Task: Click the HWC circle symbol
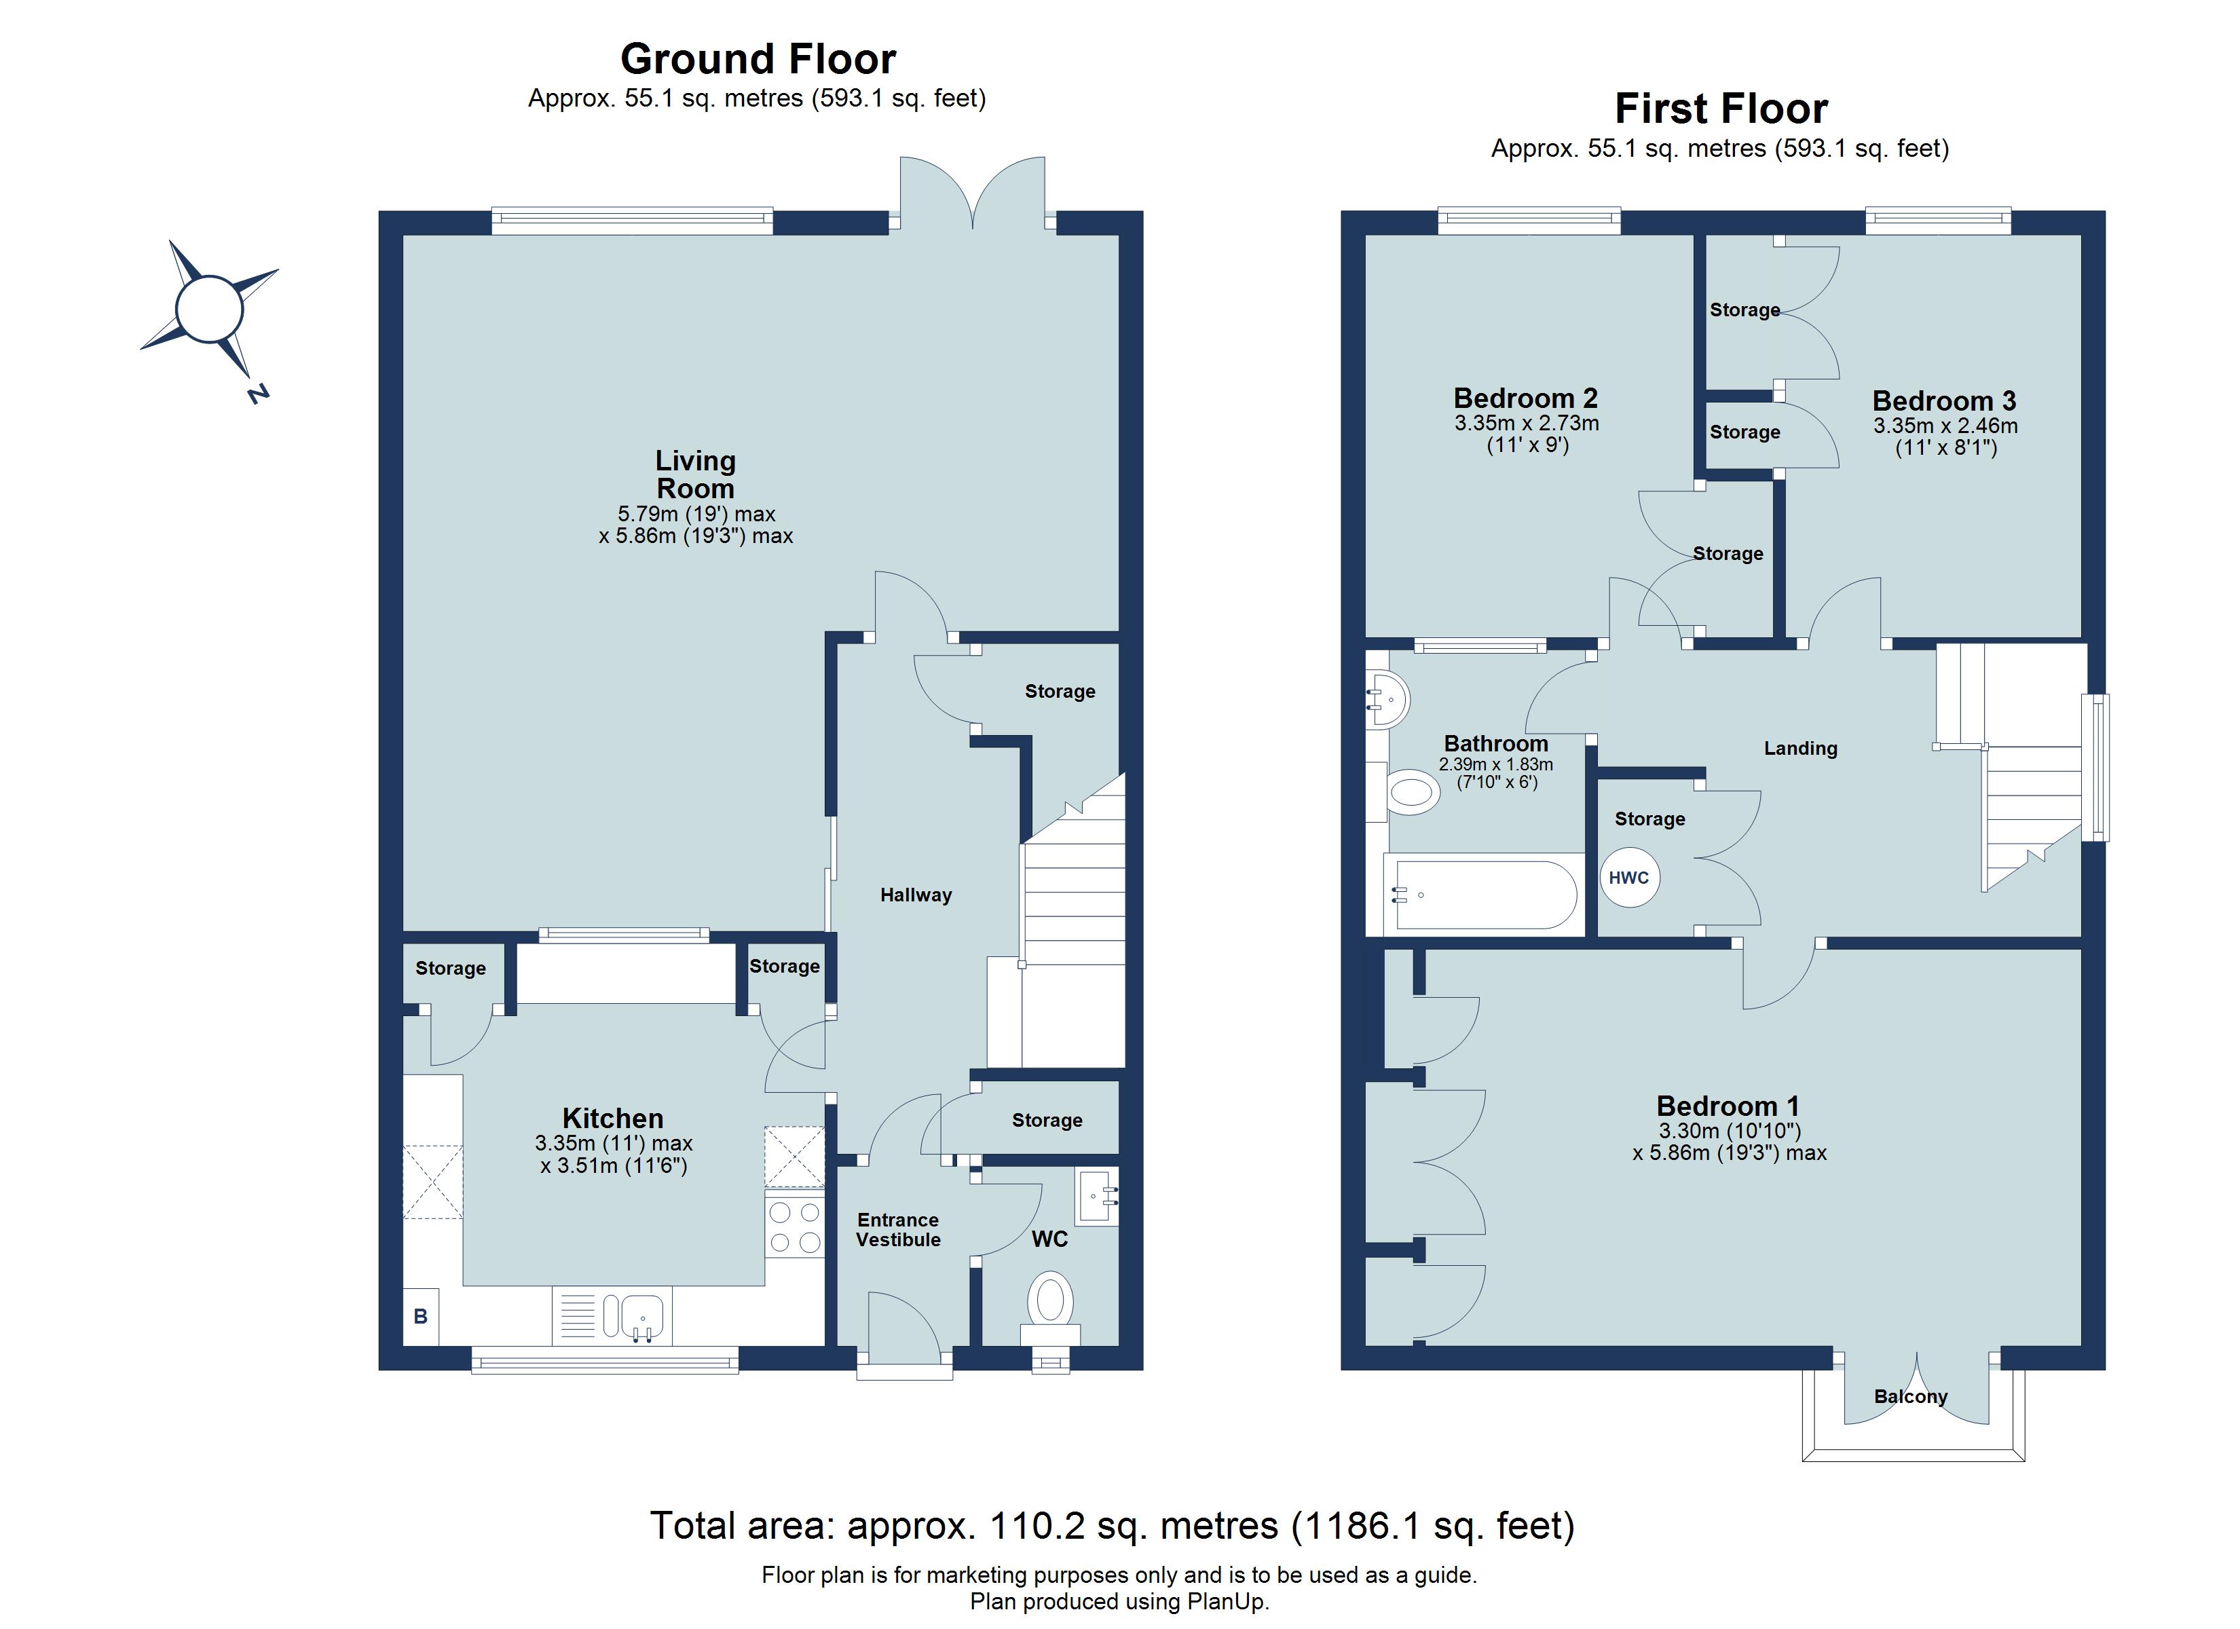point(1630,877)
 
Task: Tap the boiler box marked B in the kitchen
point(421,1316)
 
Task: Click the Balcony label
point(1910,1396)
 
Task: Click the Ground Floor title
point(758,59)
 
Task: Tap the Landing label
point(1801,748)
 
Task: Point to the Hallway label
point(916,895)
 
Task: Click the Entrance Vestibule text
point(898,1230)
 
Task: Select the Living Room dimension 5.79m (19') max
point(696,514)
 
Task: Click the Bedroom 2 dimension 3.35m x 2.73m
point(1526,424)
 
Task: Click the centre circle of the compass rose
point(208,310)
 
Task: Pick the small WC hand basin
point(1098,1197)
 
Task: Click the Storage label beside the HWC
point(1649,819)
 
